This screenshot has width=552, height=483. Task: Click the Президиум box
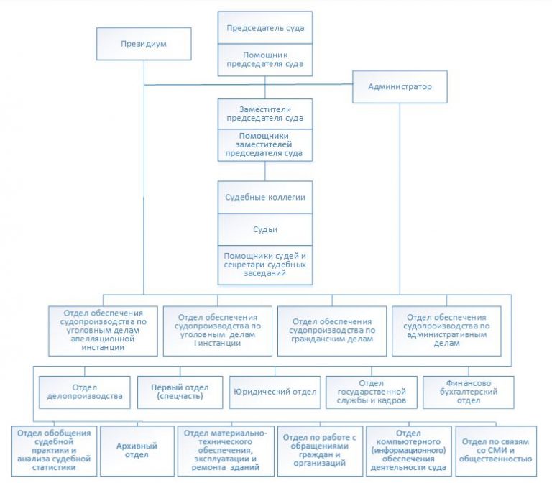click(x=144, y=44)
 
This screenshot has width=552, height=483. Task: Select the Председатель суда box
click(x=265, y=28)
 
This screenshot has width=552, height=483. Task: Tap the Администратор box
click(x=400, y=86)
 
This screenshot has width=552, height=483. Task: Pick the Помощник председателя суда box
click(x=265, y=60)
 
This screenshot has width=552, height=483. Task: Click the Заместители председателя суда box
click(x=265, y=114)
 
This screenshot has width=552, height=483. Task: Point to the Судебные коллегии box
click(x=265, y=197)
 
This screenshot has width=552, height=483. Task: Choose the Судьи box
click(x=265, y=229)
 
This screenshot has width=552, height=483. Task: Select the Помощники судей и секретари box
click(x=265, y=265)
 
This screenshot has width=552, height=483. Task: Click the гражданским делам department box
click(x=332, y=331)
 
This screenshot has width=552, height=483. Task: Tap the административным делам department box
click(x=446, y=331)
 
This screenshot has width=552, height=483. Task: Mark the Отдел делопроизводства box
click(x=85, y=392)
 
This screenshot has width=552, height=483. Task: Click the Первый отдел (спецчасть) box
click(x=180, y=392)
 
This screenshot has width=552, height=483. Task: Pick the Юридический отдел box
click(x=275, y=392)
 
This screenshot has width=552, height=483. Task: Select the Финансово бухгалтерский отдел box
click(x=469, y=392)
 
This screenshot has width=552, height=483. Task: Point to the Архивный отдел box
click(x=137, y=451)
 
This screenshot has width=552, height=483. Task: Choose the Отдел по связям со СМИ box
click(x=496, y=451)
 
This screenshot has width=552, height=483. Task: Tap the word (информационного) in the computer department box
click(x=408, y=450)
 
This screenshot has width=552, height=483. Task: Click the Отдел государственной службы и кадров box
click(x=372, y=392)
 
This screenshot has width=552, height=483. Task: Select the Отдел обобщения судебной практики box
click(x=54, y=451)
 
